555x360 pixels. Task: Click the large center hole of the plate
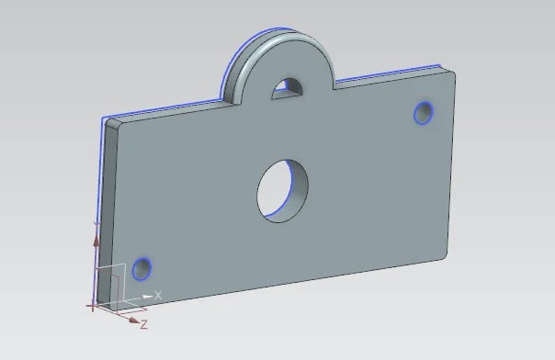coord(282,191)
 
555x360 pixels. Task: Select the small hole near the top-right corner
coord(424,113)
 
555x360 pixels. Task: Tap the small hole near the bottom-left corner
coord(142,269)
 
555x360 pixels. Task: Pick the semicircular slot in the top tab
coord(289,89)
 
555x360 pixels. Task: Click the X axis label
coord(158,296)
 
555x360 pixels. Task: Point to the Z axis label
coord(143,324)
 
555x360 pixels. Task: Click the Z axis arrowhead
coord(134,320)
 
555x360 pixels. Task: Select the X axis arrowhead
coord(146,297)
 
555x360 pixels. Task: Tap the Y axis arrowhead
coord(96,241)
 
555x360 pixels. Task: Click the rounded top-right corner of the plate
coord(450,73)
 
